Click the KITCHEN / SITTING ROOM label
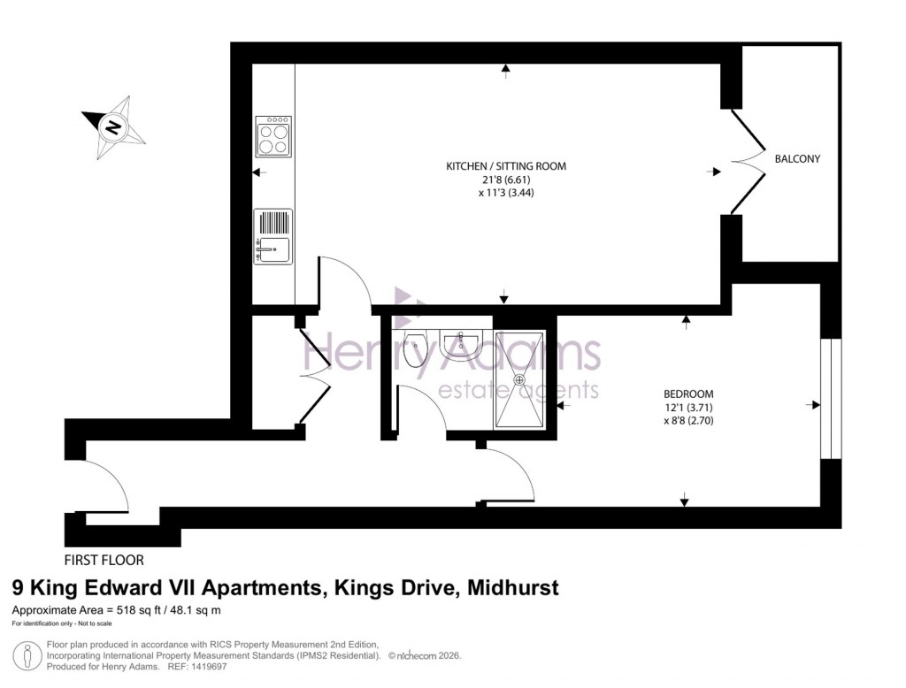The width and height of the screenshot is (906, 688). (505, 165)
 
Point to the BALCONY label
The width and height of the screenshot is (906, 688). (797, 159)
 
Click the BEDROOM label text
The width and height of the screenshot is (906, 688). (688, 394)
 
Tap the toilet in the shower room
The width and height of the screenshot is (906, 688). (414, 348)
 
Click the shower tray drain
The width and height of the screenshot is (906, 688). (520, 378)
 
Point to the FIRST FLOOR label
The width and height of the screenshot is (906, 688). (104, 560)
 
